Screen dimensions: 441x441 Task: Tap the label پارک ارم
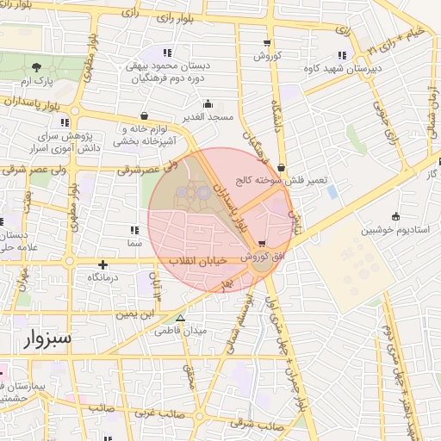(37, 81)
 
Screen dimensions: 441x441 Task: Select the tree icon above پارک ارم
(36, 67)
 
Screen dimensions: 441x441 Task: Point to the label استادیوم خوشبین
(393, 231)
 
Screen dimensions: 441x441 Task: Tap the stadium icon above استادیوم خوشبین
(395, 216)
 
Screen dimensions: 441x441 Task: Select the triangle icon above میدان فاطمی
(181, 318)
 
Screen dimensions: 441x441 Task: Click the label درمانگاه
(103, 279)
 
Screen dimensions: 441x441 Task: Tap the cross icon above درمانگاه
(103, 265)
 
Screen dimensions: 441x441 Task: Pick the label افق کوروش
(263, 257)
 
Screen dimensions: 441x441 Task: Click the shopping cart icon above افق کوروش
(262, 243)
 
